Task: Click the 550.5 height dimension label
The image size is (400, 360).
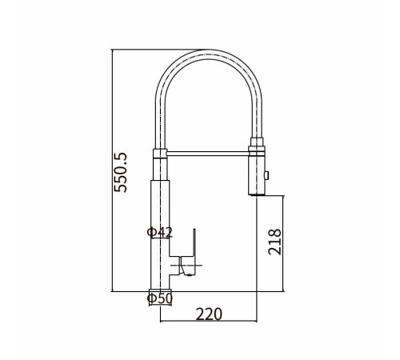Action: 121,172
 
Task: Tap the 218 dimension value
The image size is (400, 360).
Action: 274,242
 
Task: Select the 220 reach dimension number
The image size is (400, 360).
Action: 209,314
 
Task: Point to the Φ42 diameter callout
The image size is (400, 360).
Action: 160,232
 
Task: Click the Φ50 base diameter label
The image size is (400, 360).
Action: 160,298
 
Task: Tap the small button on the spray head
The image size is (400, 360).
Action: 266,175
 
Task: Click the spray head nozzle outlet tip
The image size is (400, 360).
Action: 257,195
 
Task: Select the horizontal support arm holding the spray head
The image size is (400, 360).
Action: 208,154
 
